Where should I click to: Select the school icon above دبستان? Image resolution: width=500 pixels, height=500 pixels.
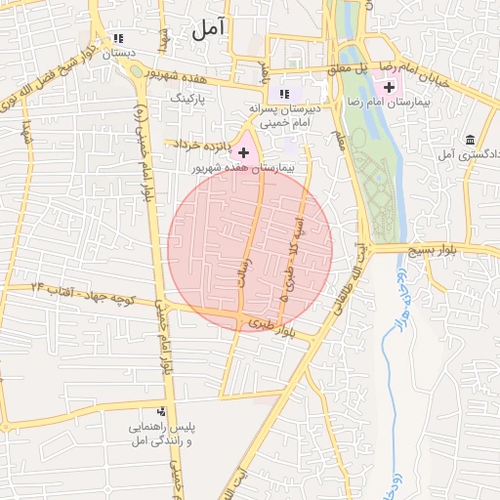[x=118, y=37]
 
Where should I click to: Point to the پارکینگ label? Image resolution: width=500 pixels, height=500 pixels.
[x=189, y=99]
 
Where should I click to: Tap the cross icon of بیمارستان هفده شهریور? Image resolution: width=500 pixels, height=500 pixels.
[x=243, y=152]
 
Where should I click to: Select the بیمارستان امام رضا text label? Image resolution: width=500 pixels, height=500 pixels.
[x=389, y=103]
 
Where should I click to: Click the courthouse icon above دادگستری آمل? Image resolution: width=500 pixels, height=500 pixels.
[x=471, y=140]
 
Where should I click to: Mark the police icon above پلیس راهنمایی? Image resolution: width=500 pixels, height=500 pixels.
[x=162, y=412]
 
